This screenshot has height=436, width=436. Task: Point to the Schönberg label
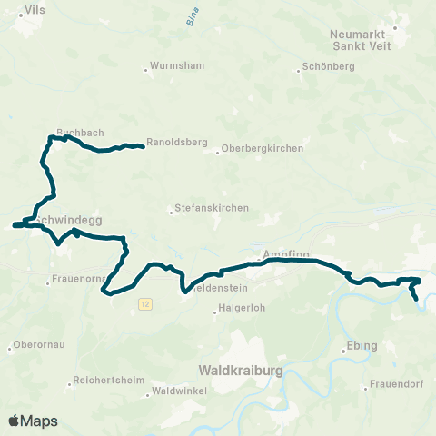[325, 68]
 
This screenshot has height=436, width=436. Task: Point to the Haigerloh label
[241, 311]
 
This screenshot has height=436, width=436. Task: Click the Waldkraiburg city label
[241, 371]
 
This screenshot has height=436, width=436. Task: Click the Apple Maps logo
[33, 421]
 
